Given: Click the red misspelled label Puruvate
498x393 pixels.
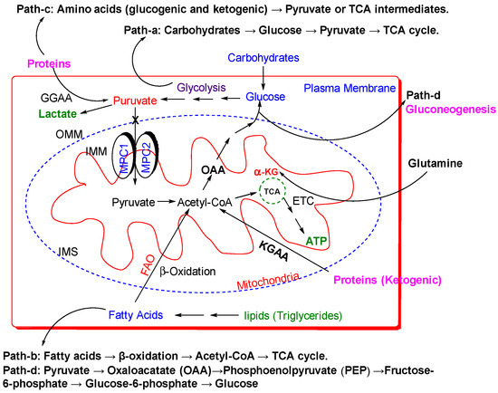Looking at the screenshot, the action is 135,101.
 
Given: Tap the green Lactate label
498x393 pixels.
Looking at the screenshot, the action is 57,114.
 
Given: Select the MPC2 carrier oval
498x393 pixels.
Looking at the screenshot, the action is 147,156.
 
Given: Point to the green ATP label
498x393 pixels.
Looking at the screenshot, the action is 316,241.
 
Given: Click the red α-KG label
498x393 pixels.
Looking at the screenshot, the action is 266,172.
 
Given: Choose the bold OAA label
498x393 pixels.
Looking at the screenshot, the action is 214,170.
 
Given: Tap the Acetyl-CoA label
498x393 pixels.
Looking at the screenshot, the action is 205,202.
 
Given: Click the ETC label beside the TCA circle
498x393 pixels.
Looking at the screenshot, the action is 303,201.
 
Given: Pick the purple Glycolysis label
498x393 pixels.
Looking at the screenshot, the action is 201,87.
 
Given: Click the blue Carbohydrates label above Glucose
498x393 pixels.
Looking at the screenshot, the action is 263,58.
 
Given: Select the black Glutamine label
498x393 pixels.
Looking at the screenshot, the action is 436,163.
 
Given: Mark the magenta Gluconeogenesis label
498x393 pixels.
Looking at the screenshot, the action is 451,110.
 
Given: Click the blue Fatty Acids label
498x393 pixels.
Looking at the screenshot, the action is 136,315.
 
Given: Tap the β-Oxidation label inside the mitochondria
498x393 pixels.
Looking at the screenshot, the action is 187,272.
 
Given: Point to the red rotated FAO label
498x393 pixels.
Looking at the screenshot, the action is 148,264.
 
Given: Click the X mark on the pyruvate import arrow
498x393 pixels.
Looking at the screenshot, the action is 136,120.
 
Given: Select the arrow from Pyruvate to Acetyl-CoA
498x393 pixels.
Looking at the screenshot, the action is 166,202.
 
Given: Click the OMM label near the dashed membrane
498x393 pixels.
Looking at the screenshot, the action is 69,134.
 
